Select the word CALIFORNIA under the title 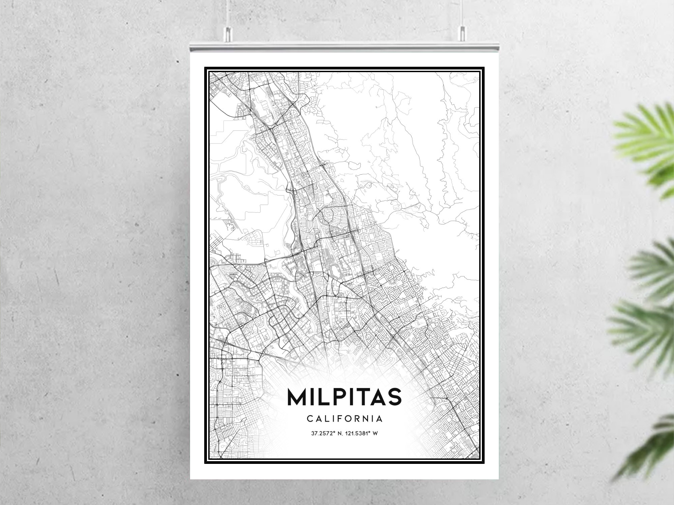(344, 419)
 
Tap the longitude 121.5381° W (362, 434)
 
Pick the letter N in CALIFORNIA (369, 419)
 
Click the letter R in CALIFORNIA (359, 419)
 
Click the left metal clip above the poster (228, 34)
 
